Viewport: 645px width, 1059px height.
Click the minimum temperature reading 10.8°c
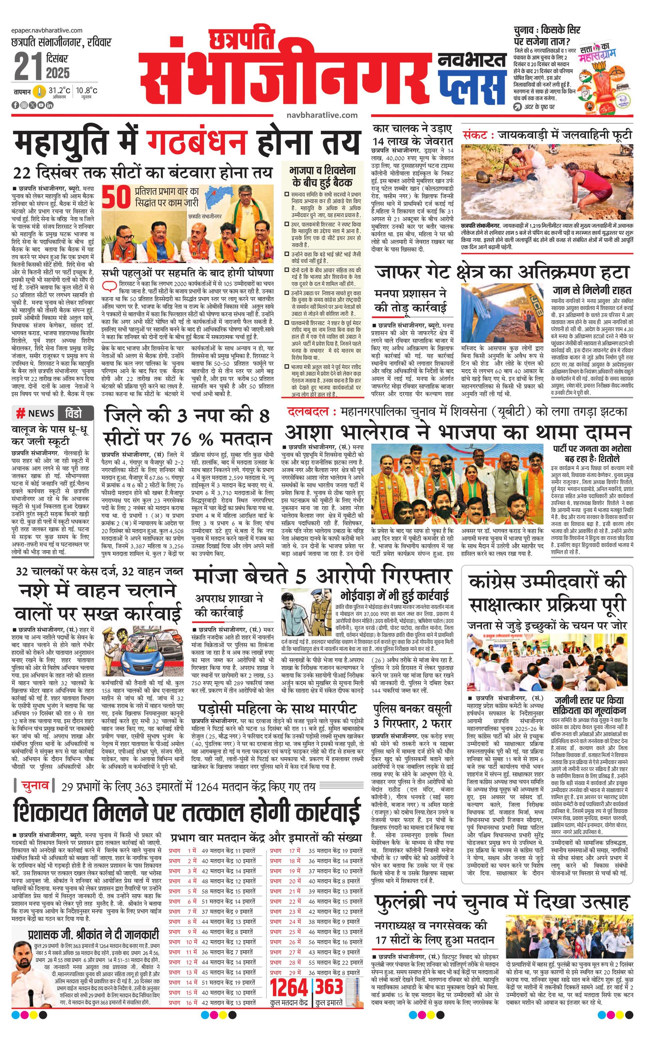[x=87, y=91]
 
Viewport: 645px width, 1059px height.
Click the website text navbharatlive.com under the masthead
[x=322, y=115]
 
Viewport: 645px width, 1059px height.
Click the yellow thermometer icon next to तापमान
[x=39, y=91]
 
